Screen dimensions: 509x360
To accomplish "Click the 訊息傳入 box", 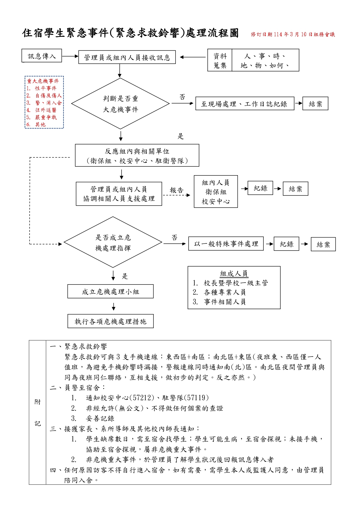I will [42, 56].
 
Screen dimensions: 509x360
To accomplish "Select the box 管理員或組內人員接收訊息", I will [127, 57].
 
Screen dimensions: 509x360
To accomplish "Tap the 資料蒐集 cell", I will [220, 60].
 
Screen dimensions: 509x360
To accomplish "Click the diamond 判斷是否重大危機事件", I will [120, 104].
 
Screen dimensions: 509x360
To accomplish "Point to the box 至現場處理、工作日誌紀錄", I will [245, 104].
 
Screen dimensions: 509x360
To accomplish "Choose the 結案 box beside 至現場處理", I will [315, 104].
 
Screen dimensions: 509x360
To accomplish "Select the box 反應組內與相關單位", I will [137, 156].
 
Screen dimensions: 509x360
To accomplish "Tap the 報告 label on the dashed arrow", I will [177, 190].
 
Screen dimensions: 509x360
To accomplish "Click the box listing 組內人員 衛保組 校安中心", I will [216, 192].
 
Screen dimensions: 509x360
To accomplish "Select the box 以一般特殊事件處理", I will [226, 244].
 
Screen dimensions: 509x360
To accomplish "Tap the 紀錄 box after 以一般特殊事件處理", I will [286, 244].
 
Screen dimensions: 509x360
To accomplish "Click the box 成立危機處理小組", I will [111, 292].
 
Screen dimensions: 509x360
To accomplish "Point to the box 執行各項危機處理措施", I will [111, 321].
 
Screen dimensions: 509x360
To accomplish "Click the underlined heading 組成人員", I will [234, 273].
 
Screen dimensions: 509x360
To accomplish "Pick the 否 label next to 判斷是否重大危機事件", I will [182, 97].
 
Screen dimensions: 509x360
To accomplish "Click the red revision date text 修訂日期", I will [293, 35].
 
